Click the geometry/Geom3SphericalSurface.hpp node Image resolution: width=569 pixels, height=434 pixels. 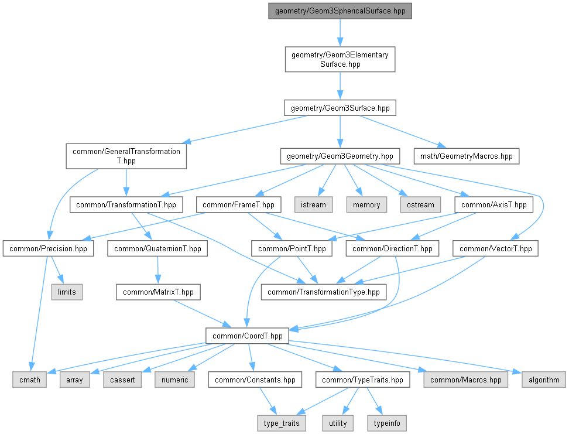pos(340,11)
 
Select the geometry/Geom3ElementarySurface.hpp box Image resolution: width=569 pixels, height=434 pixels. pos(340,59)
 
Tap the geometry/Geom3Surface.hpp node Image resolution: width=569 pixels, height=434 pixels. pos(340,108)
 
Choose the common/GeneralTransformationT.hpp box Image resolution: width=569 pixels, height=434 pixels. pos(126,156)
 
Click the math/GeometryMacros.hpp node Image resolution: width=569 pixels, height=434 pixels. pos(466,156)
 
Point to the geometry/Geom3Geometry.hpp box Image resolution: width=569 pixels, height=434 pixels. pos(340,156)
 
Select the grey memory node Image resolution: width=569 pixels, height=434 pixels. pos(366,204)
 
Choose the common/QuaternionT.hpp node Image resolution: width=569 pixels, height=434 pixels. pos(157,248)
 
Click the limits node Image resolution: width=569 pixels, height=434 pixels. pos(66,292)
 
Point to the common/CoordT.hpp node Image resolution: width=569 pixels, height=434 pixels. pos(246,336)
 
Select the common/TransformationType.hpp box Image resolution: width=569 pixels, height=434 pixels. pos(324,292)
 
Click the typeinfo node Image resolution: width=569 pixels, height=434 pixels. pos(386,423)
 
